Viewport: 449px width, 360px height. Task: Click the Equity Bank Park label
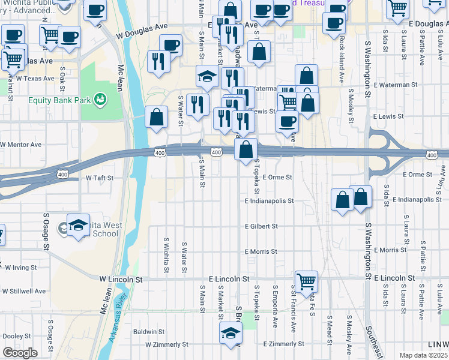point(58,100)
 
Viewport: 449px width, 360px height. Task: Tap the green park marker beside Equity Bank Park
point(101,97)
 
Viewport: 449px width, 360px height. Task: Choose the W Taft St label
point(99,178)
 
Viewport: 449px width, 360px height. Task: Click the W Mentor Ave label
point(21,145)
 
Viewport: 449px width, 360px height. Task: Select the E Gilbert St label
point(261,226)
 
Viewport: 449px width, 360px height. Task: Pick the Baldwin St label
point(149,331)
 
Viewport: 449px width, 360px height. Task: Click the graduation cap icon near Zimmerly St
point(230,332)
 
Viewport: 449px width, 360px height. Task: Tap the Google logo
point(20,353)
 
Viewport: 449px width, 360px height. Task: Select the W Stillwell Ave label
point(24,291)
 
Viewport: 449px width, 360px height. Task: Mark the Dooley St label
point(16,337)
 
